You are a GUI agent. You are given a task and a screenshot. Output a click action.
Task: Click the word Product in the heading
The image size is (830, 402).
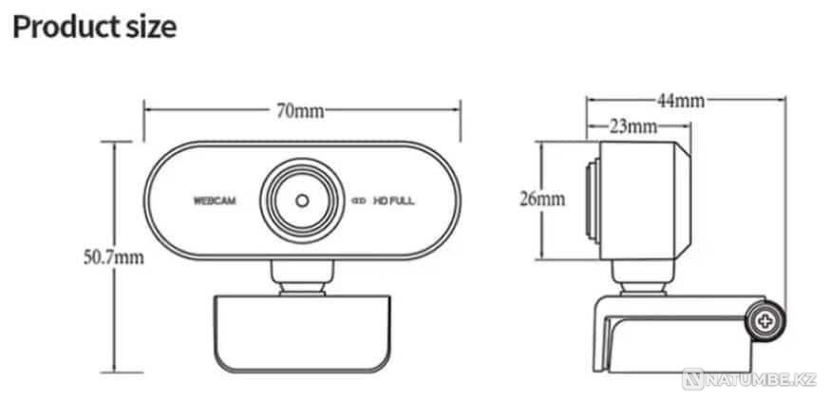click(64, 28)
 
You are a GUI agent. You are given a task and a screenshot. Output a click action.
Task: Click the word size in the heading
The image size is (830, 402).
click(150, 28)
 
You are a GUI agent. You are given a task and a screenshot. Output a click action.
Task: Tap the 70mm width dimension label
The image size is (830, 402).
click(300, 110)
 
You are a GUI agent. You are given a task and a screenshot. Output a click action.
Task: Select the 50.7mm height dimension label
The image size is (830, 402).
click(114, 258)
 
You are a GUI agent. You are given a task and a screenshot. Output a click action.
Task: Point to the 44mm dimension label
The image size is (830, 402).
click(681, 101)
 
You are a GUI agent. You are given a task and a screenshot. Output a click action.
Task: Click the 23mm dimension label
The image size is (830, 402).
click(633, 126)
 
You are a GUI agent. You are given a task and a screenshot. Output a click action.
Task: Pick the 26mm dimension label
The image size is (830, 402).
click(542, 200)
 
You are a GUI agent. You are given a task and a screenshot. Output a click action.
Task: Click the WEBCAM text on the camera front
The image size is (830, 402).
click(215, 201)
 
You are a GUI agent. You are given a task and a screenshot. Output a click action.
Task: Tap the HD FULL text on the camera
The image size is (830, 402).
click(394, 201)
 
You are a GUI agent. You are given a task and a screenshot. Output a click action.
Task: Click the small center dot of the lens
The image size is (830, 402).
click(302, 201)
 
